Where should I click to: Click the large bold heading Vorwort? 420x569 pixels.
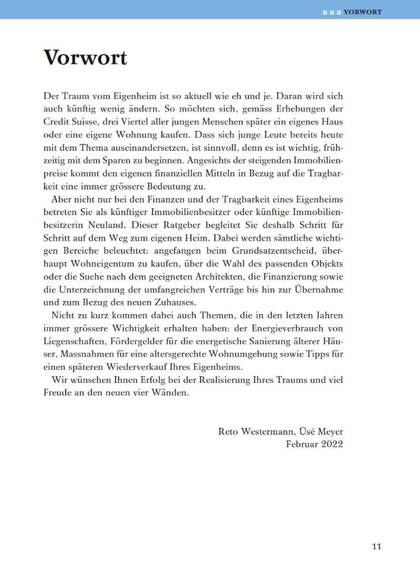pyautogui.click(x=85, y=57)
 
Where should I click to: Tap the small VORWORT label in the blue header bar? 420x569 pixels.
pyautogui.click(x=363, y=11)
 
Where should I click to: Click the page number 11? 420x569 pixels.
pyautogui.click(x=376, y=546)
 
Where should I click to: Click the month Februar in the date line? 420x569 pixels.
pyautogui.click(x=300, y=444)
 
